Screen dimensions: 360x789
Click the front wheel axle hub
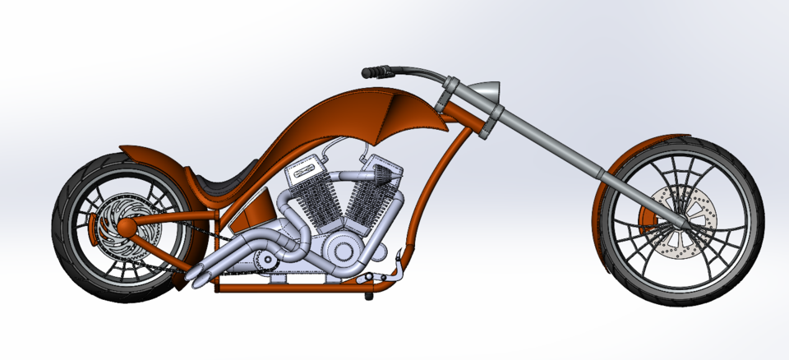[x=681, y=223]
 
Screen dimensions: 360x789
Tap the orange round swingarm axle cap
[x=105, y=222]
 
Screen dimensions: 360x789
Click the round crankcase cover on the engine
[x=344, y=252]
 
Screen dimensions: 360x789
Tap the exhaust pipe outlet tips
[x=197, y=276]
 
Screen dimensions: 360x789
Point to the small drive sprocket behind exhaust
[x=265, y=261]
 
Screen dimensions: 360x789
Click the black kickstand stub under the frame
[x=362, y=293]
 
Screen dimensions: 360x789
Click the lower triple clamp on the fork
[x=490, y=130]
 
